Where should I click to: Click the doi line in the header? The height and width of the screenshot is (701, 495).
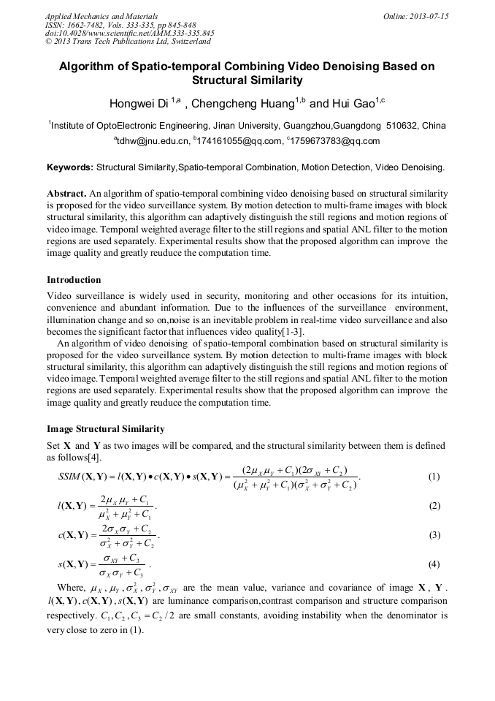(x=129, y=33)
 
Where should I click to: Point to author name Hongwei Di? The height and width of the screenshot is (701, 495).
(x=139, y=103)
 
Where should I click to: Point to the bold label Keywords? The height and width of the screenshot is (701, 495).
(x=70, y=167)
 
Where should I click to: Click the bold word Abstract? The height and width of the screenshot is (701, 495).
(x=66, y=194)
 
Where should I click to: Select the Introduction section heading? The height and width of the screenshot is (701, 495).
(x=74, y=280)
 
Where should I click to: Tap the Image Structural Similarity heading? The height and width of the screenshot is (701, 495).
(x=105, y=429)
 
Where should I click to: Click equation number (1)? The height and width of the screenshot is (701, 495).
(x=434, y=477)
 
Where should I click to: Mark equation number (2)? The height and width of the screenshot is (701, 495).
(x=434, y=506)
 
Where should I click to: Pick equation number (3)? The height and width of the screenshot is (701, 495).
(x=434, y=535)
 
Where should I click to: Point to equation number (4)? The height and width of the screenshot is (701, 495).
(x=434, y=564)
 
